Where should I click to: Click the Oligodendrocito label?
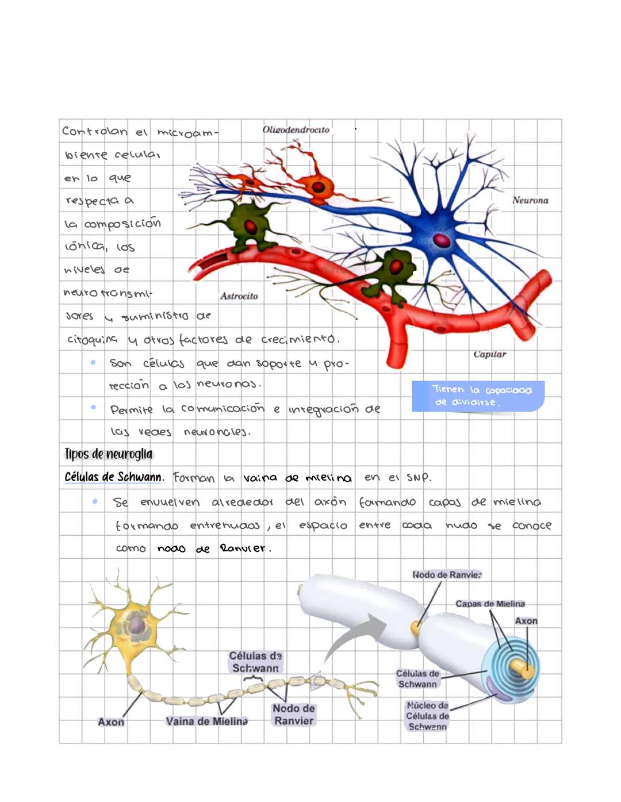pyautogui.click(x=296, y=130)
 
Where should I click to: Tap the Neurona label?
pyautogui.click(x=530, y=201)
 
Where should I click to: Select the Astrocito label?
pyautogui.click(x=239, y=296)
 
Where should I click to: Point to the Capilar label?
pyautogui.click(x=490, y=354)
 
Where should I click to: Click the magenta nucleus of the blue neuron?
pyautogui.click(x=442, y=240)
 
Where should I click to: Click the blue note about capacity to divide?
pyautogui.click(x=477, y=396)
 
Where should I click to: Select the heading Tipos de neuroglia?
pyautogui.click(x=109, y=454)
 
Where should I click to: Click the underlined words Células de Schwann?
pyautogui.click(x=113, y=477)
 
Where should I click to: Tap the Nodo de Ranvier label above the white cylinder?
pyautogui.click(x=447, y=575)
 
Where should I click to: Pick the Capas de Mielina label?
pyautogui.click(x=490, y=604)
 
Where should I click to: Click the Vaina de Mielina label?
pyautogui.click(x=206, y=721)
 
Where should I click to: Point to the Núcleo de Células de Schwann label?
pyautogui.click(x=427, y=716)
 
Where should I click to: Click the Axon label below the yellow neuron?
pyautogui.click(x=110, y=722)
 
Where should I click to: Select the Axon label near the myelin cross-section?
pyautogui.click(x=526, y=621)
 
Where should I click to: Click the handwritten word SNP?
pyautogui.click(x=418, y=477)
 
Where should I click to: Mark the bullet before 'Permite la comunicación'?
pyautogui.click(x=93, y=408)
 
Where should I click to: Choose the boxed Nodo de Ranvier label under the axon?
pyautogui.click(x=293, y=715)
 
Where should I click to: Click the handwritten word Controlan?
pyautogui.click(x=94, y=132)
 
